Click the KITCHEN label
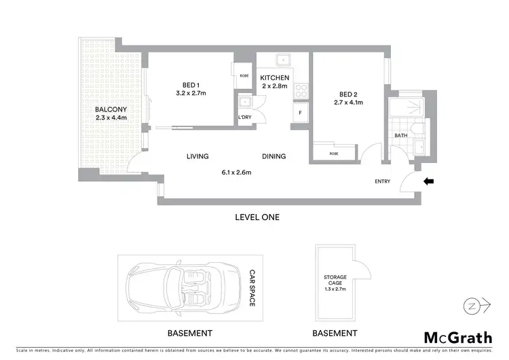[275, 78]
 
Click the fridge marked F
[300, 113]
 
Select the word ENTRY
[383, 181]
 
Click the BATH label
[401, 136]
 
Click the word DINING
[274, 156]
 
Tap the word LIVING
[197, 156]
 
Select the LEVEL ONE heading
[257, 217]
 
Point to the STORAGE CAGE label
[335, 281]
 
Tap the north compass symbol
[476, 306]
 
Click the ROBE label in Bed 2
[334, 154]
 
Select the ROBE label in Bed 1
[244, 75]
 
